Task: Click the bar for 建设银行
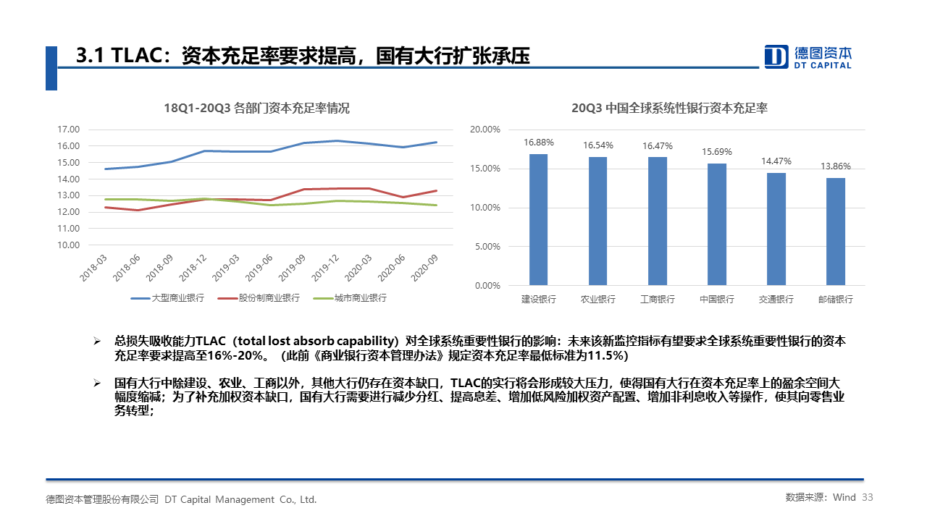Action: click(x=538, y=219)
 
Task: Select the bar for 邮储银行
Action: click(x=835, y=231)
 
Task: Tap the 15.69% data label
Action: click(x=716, y=152)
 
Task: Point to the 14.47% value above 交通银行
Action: click(x=776, y=161)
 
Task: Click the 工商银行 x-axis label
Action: click(x=657, y=299)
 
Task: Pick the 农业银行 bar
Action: click(x=597, y=221)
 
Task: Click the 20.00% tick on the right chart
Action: click(x=485, y=130)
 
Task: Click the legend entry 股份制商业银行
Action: click(x=259, y=298)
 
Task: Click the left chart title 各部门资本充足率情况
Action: click(x=256, y=109)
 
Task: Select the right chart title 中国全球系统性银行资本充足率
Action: click(x=669, y=109)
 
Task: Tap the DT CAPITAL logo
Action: click(x=808, y=56)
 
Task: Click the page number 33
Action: click(x=868, y=498)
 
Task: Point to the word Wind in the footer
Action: click(x=844, y=498)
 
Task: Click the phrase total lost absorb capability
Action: click(x=322, y=341)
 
